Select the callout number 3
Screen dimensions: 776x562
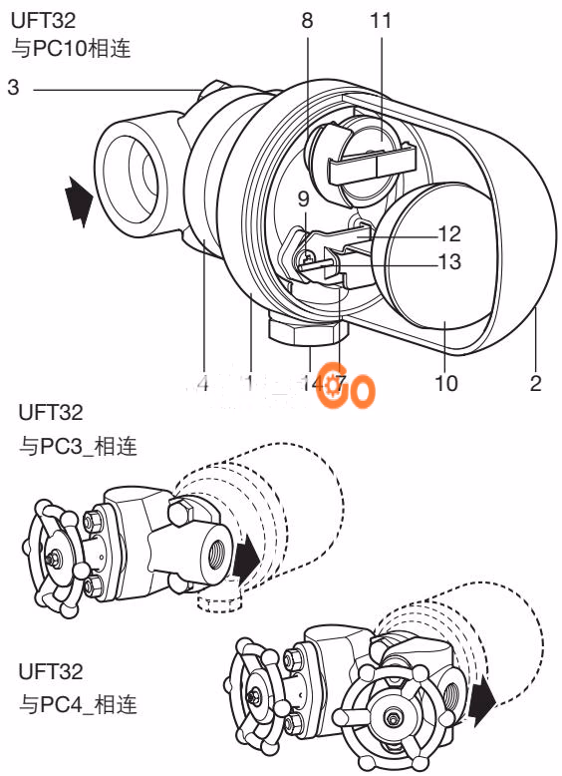tap(13, 89)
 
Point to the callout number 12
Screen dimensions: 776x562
tap(449, 233)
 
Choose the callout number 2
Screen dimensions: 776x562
tap(536, 383)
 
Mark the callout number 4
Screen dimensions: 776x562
tap(203, 383)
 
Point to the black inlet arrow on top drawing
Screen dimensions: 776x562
tap(78, 199)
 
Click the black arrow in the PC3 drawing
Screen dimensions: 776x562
tap(245, 560)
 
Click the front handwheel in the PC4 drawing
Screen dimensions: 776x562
tap(389, 714)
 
